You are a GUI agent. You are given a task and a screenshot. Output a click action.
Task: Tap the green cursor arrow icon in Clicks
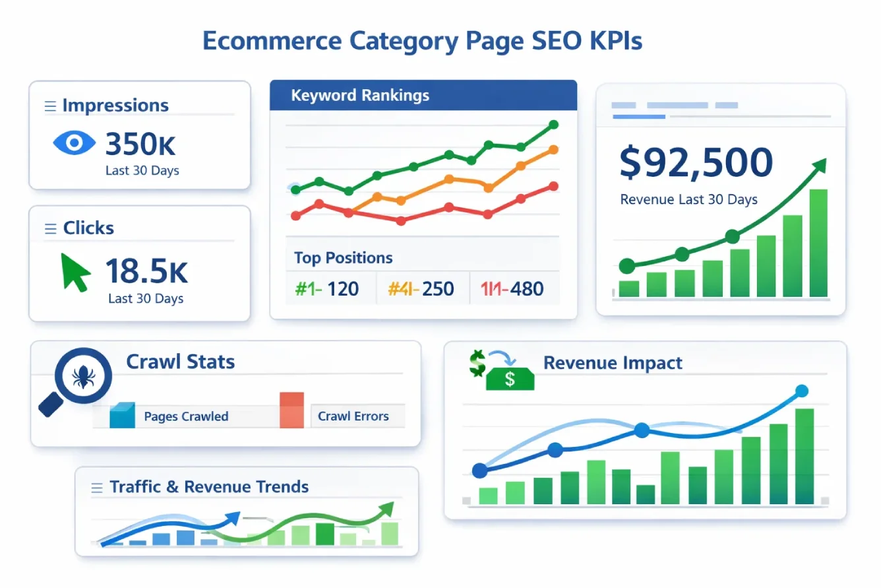pos(75,271)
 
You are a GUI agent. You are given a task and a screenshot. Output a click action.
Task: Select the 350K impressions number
pos(140,144)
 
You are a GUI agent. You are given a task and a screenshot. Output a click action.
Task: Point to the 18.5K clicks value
pos(146,271)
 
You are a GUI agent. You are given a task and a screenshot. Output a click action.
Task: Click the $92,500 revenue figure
pos(696,163)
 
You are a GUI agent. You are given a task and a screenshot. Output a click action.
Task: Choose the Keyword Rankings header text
pos(360,96)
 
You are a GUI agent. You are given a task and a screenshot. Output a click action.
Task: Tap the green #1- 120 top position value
pos(326,288)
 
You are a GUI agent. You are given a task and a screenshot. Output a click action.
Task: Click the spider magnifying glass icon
pos(82,377)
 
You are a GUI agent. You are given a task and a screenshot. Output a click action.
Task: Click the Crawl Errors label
pos(353,416)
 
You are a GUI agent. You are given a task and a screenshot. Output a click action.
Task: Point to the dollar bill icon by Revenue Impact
pos(509,378)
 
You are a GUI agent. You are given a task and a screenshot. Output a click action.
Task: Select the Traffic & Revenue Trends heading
pos(209,487)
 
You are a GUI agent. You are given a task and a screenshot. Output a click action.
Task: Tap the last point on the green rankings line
pos(553,124)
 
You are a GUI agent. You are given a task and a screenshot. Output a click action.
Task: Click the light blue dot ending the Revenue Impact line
pos(802,391)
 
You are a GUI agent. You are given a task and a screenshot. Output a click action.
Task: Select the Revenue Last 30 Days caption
pos(688,199)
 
